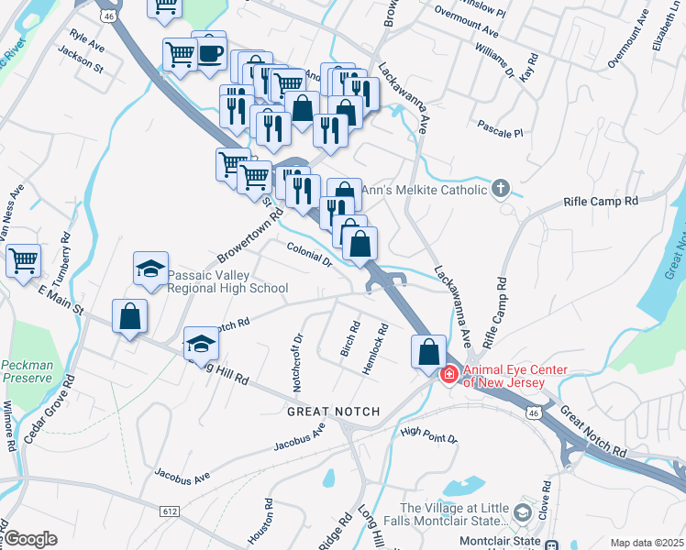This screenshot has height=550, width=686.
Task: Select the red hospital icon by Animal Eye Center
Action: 449,375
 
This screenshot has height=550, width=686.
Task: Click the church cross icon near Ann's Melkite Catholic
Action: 500,190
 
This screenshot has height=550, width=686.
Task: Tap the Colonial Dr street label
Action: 308,254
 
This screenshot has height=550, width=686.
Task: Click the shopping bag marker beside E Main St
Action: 130,316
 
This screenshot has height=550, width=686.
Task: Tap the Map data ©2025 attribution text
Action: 646,543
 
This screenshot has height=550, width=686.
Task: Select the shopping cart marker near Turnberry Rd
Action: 23,259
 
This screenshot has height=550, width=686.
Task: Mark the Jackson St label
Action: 81,60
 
